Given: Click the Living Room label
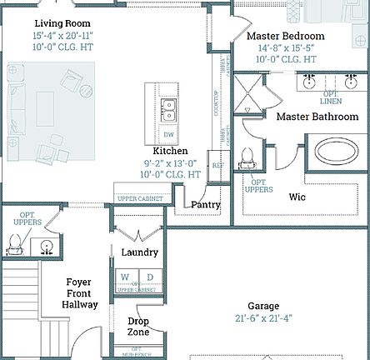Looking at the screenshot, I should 63,23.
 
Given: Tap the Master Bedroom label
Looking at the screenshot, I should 286,36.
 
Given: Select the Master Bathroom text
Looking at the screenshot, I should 317,117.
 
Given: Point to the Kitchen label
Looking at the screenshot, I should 170,150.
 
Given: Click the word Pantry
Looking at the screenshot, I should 206,204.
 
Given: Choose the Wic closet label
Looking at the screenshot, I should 297,197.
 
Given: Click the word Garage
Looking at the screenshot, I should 263,306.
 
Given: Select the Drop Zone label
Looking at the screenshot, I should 138,327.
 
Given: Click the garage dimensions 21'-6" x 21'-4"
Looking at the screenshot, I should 263,318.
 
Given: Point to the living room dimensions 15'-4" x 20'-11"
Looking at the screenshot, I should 63,35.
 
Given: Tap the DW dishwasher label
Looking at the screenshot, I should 169,133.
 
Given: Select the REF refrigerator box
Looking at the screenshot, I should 217,165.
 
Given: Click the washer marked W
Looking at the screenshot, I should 125,277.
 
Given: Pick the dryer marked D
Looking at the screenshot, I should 150,277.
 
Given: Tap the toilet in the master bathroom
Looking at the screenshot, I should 247,157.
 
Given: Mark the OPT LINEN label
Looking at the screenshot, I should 331,96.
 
